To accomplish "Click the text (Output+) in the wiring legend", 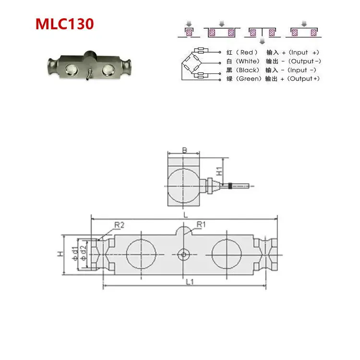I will coord(304,79).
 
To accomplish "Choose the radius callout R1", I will coord(201,224).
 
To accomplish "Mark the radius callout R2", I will coord(120,224).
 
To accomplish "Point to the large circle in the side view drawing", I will coord(184,185).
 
